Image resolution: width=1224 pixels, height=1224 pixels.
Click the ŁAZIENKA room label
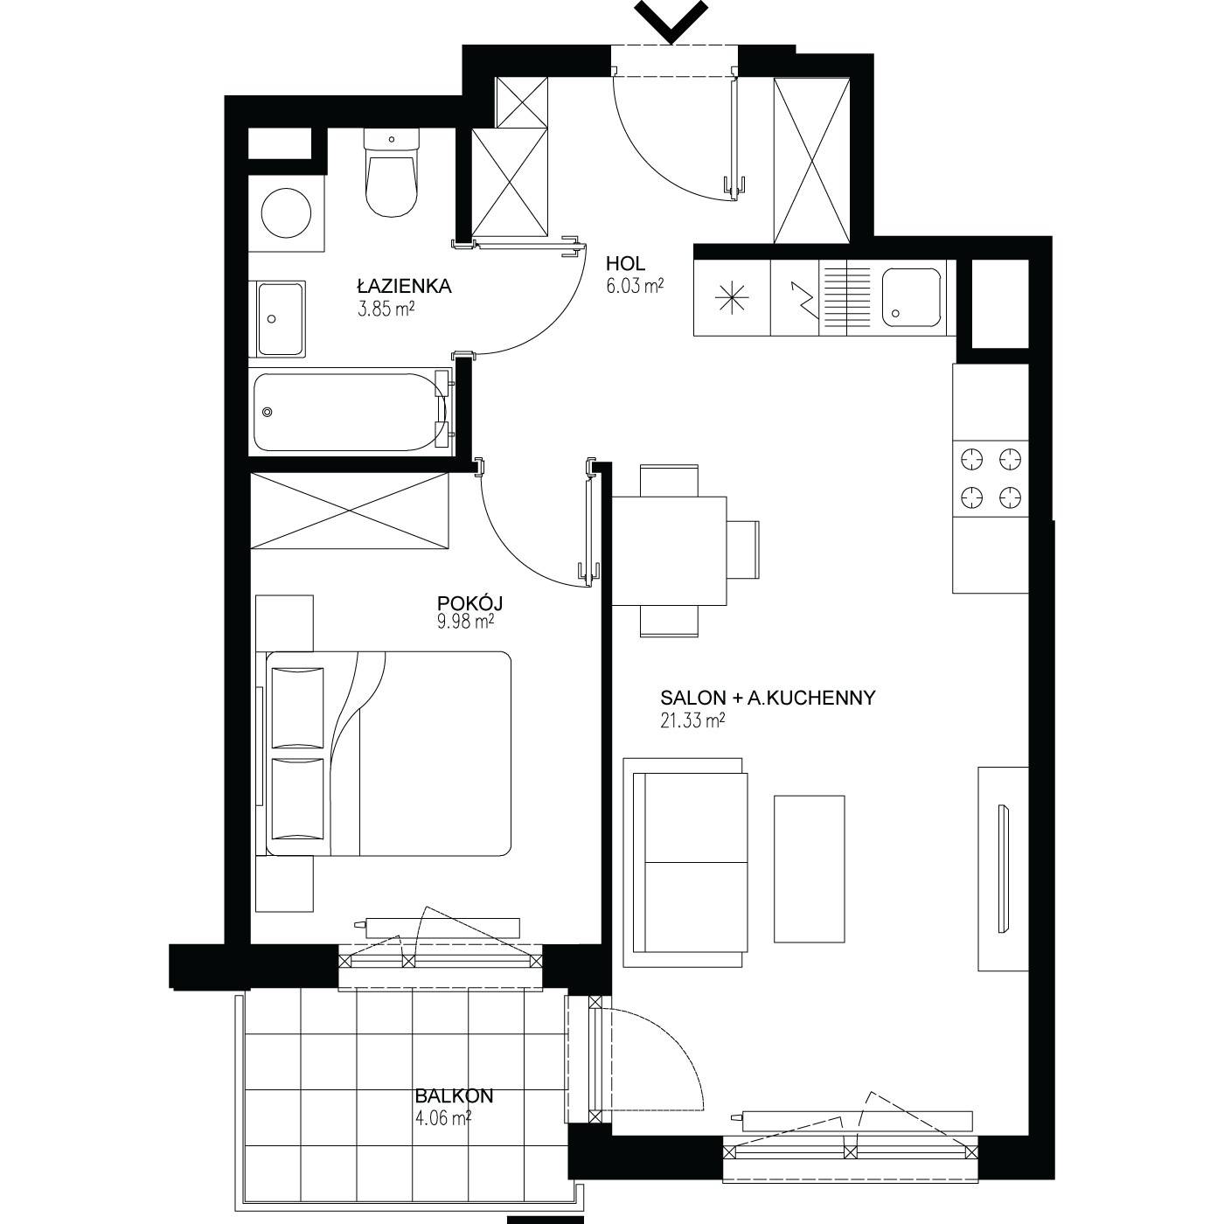tap(404, 286)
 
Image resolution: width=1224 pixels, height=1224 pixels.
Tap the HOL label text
tap(625, 263)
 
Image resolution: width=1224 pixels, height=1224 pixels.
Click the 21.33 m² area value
tap(693, 720)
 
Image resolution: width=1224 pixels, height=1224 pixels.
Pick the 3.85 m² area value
tap(386, 309)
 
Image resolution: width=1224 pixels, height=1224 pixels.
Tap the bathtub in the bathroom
tap(351, 413)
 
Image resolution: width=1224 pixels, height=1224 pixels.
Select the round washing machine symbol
tap(287, 212)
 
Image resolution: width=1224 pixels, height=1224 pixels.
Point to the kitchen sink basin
tap(912, 296)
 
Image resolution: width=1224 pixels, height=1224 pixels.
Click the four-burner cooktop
tap(991, 478)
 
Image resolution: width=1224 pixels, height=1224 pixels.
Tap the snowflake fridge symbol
tap(732, 296)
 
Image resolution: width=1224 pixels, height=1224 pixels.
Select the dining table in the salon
tap(669, 551)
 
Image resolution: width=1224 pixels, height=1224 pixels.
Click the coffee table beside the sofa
tap(810, 868)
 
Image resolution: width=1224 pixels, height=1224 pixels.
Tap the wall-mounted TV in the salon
tap(1004, 868)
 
